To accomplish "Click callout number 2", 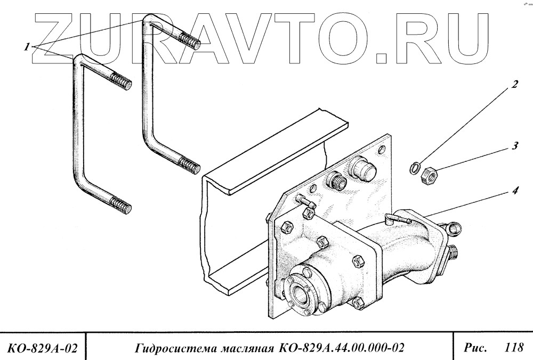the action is (515, 84).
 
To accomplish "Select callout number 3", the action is (515, 145).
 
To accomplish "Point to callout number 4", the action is (515, 189).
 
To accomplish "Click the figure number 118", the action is (513, 348).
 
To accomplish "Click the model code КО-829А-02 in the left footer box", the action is (43, 349).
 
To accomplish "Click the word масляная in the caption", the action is (243, 349).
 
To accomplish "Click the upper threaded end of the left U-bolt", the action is (121, 83).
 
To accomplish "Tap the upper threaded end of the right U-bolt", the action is (190, 40).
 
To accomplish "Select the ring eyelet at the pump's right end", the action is (455, 228).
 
